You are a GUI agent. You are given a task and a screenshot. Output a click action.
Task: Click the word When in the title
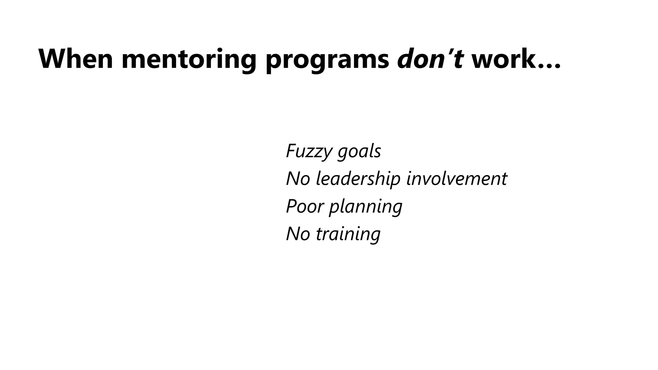(x=76, y=59)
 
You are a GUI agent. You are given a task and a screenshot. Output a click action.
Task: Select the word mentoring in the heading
(x=189, y=59)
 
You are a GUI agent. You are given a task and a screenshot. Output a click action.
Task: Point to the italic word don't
(x=430, y=59)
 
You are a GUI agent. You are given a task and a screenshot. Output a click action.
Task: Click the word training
(x=348, y=234)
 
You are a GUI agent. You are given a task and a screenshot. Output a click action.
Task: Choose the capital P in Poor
(x=291, y=206)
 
